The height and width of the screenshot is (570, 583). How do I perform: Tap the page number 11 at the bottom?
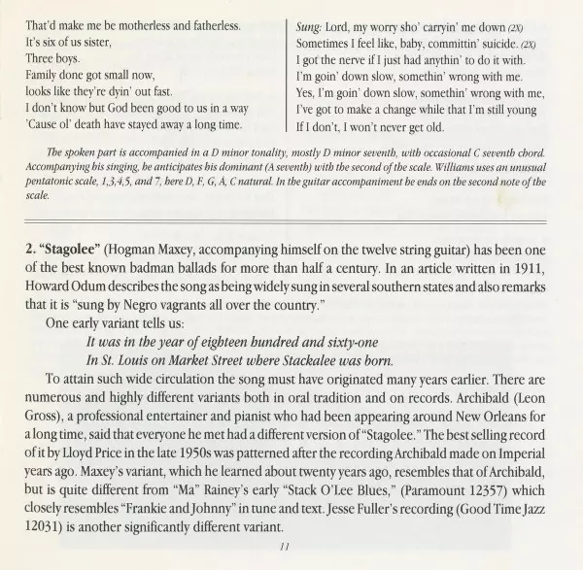click(284, 547)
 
